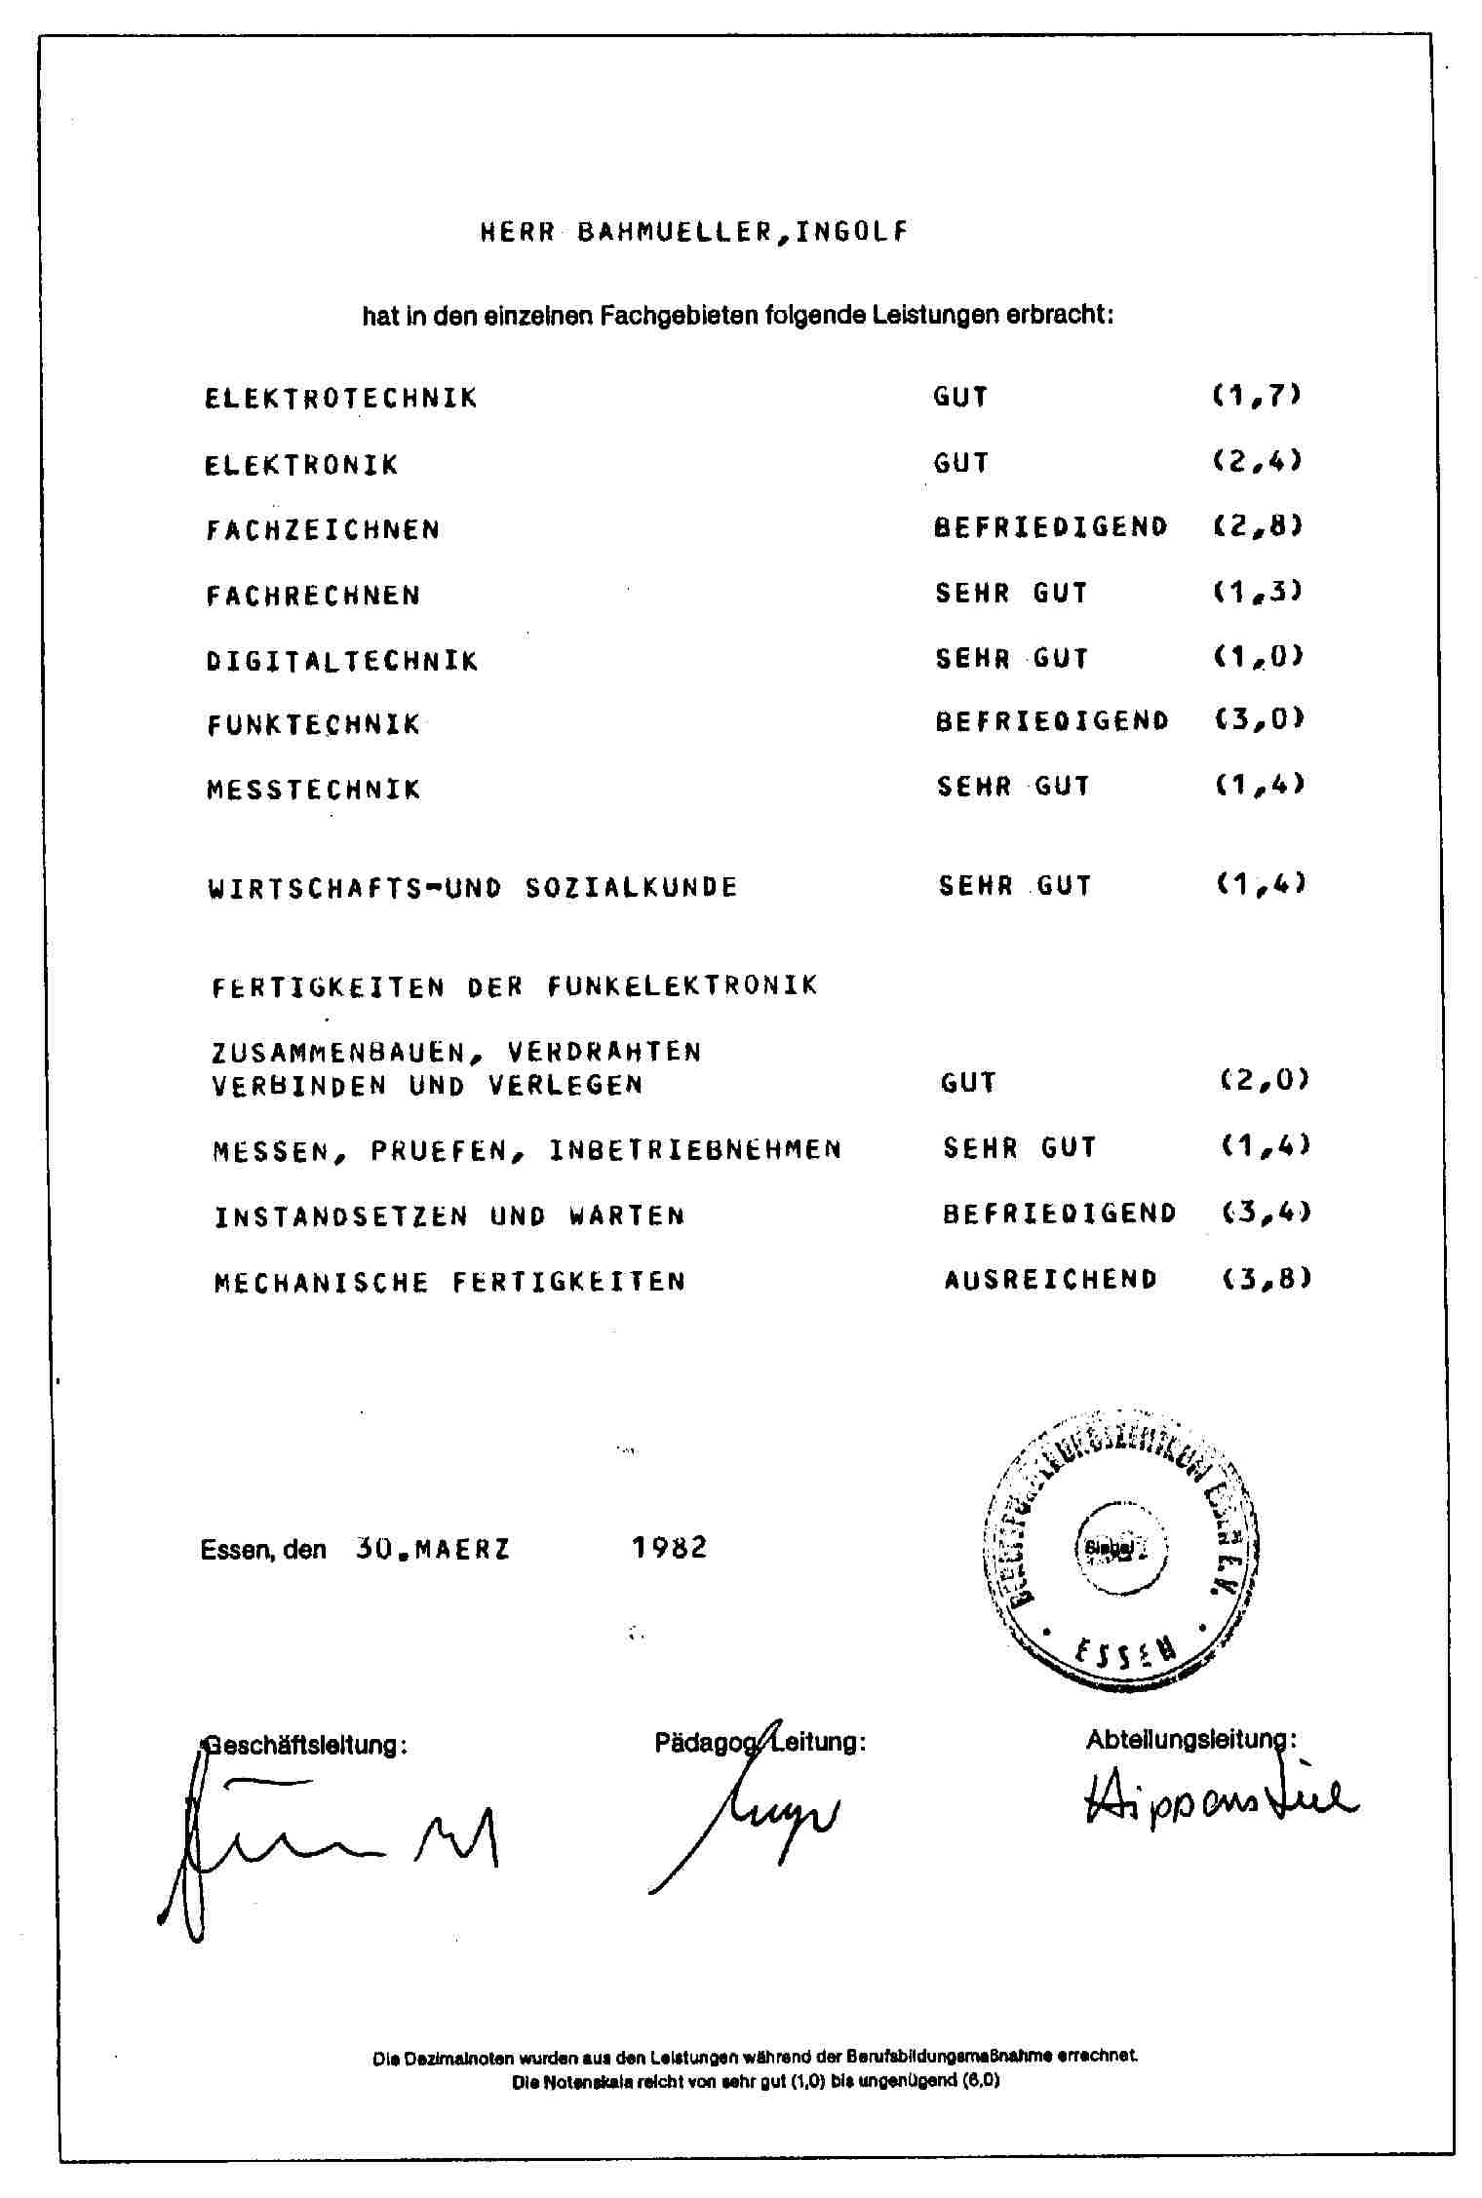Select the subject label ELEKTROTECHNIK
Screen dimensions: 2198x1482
341,399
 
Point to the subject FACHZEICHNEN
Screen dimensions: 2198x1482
323,530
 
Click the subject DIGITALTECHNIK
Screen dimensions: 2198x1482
342,661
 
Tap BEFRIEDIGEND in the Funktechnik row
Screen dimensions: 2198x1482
1051,721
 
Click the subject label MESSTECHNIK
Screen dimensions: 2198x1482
313,790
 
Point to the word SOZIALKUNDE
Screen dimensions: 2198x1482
631,888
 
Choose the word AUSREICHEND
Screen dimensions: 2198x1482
1050,1279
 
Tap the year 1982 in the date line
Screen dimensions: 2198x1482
669,1547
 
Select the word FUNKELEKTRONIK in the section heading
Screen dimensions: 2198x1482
682,985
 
